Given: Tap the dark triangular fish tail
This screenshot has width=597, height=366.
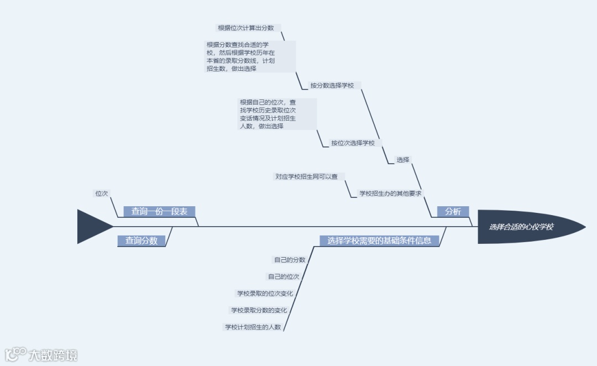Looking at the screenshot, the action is pyautogui.click(x=91, y=227).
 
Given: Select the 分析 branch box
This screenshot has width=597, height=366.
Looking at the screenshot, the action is pyautogui.click(x=453, y=211).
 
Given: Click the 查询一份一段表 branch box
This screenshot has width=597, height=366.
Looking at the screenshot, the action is pyautogui.click(x=159, y=211).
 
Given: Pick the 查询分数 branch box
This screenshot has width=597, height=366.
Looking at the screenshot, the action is pyautogui.click(x=142, y=240).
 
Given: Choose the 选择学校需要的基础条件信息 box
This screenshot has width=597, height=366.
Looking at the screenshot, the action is pyautogui.click(x=379, y=240).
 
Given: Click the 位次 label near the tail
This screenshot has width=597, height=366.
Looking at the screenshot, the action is pyautogui.click(x=102, y=194).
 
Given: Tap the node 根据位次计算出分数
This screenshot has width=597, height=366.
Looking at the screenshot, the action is pyautogui.click(x=249, y=28).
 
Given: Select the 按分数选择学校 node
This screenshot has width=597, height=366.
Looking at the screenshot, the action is pyautogui.click(x=336, y=86).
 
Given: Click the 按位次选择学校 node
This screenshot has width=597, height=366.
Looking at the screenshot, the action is pyautogui.click(x=353, y=143).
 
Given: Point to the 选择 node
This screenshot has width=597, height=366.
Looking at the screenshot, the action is pyautogui.click(x=403, y=160).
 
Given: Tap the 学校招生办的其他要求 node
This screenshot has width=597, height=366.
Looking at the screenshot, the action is pyautogui.click(x=390, y=194).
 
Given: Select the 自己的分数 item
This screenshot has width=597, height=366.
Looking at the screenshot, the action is pyautogui.click(x=290, y=259).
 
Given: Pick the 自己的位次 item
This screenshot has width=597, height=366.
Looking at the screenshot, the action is pyautogui.click(x=284, y=276).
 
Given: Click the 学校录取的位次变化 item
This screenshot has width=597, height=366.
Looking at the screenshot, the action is pyautogui.click(x=265, y=294).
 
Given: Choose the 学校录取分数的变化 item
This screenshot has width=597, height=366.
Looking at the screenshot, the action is pyautogui.click(x=259, y=310).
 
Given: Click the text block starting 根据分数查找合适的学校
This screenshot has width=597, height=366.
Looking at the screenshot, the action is pyautogui.click(x=250, y=56).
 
